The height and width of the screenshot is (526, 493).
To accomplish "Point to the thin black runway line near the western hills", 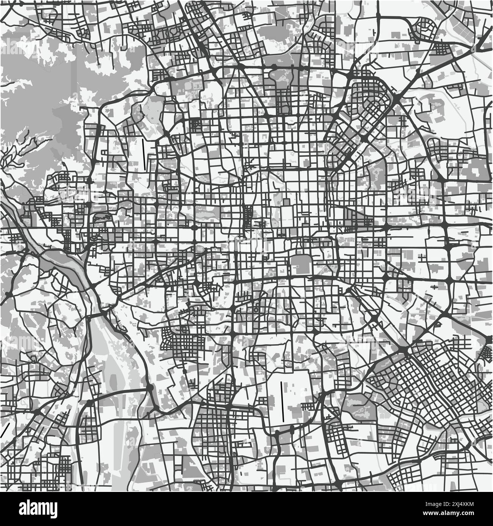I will point(144,154).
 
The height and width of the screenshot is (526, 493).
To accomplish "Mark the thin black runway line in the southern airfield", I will point(283,401).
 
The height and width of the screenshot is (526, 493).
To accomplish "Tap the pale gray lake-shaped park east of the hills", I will point(154,114).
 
